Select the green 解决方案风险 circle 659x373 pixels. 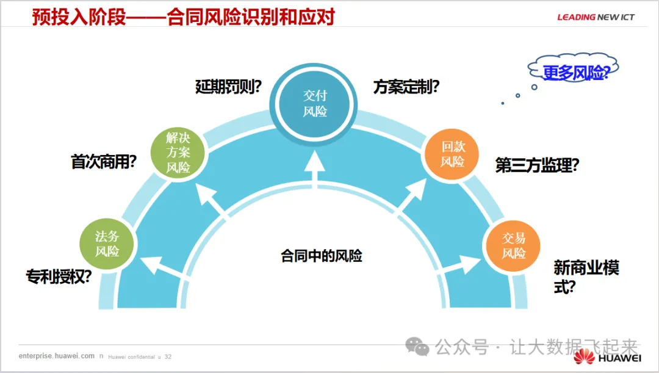(x=178, y=153)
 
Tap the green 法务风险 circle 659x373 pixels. (x=107, y=243)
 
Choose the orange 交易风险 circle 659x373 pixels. (x=513, y=245)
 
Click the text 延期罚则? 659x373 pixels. (x=228, y=86)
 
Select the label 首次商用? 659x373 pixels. (x=104, y=162)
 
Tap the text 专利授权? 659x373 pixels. (x=59, y=277)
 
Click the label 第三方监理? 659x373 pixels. (x=537, y=165)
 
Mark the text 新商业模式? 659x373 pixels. (x=586, y=277)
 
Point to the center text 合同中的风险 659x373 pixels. (x=322, y=256)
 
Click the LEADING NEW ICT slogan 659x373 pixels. (x=596, y=17)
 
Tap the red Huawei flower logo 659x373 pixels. (x=584, y=356)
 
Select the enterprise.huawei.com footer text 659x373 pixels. (x=57, y=356)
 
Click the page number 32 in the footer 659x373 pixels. (x=168, y=357)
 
